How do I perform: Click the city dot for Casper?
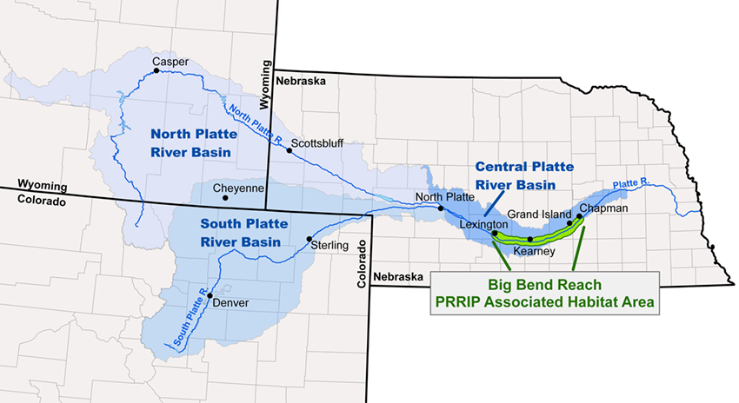click(156, 72)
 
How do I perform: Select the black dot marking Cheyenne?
click(225, 197)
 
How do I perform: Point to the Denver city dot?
click(210, 295)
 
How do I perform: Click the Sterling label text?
click(329, 246)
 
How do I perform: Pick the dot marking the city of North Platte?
click(441, 208)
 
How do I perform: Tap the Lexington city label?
click(484, 223)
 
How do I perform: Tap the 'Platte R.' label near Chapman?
click(631, 184)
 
